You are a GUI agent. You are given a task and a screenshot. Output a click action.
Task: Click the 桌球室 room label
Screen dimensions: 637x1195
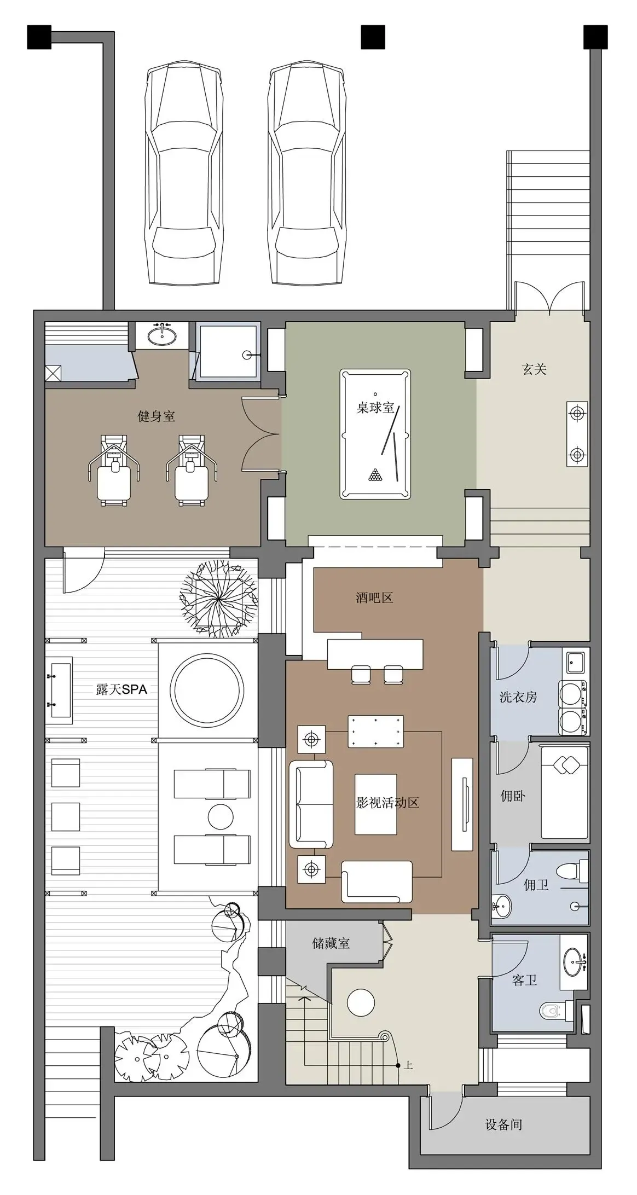click(375, 408)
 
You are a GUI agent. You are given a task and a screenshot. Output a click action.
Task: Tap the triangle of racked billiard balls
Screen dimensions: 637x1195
click(375, 475)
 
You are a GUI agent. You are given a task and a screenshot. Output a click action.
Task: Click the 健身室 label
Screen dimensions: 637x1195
click(157, 416)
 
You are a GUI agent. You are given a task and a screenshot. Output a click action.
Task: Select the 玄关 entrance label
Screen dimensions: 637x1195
click(535, 369)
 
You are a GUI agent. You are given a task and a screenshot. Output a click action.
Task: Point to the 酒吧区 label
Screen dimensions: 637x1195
click(375, 598)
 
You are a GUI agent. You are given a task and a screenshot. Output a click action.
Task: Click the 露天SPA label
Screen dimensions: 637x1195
click(121, 689)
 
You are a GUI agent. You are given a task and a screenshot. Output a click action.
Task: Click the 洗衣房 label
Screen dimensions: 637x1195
click(518, 697)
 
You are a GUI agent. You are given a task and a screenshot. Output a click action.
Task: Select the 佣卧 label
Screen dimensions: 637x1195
click(513, 796)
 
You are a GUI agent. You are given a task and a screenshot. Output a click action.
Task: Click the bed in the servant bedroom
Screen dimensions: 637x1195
click(565, 792)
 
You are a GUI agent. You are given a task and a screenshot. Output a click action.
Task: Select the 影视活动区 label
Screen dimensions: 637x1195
click(388, 803)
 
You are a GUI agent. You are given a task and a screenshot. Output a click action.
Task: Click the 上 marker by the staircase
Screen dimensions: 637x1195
click(408, 1065)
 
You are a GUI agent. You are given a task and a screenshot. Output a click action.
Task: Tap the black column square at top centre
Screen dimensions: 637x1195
click(373, 37)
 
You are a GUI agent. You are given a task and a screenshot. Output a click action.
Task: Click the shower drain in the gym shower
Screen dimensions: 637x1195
click(247, 355)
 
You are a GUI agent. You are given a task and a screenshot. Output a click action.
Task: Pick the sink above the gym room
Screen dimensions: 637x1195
click(163, 335)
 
